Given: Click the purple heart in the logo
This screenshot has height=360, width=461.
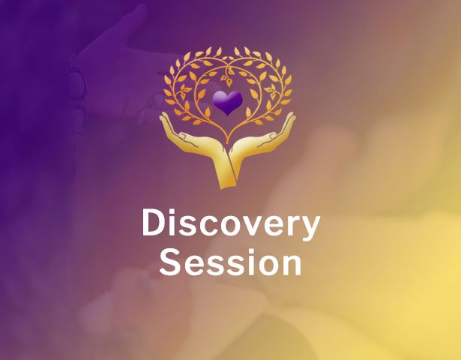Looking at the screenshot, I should coord(228,103).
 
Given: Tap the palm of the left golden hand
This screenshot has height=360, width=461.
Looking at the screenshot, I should coord(196,144).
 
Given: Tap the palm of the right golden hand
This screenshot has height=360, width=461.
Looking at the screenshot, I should coord(259,144).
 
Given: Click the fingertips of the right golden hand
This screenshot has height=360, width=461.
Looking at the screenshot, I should coord(291,118).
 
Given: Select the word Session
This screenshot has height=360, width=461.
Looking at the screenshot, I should coord(231,263).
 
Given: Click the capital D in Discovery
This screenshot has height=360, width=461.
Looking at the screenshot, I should coord(153,224).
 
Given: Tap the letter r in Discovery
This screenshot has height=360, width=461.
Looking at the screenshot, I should coord(288,226).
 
